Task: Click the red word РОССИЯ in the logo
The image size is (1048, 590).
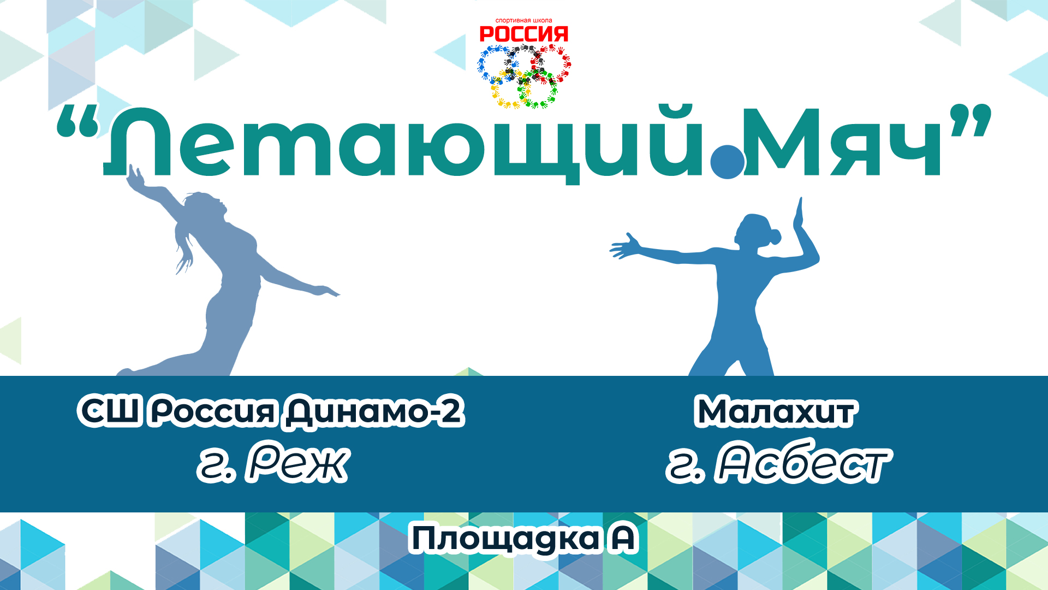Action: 523,34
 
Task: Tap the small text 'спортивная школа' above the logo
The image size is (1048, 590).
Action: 523,21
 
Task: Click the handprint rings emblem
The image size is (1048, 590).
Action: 524,76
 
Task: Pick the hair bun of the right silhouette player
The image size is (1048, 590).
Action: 775,237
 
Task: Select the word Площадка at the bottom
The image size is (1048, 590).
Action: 505,539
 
